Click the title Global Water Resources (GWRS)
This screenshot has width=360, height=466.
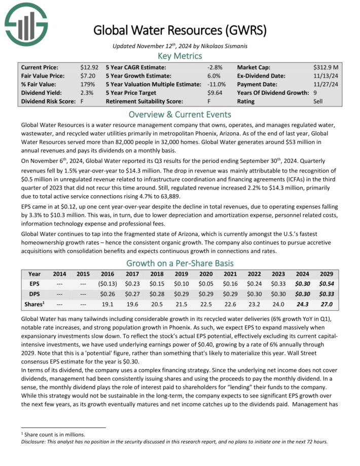179,30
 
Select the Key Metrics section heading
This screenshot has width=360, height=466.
180,56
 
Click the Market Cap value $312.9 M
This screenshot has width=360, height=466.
327,67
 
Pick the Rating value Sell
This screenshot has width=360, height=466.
319,101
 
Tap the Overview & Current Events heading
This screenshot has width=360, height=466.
180,114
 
